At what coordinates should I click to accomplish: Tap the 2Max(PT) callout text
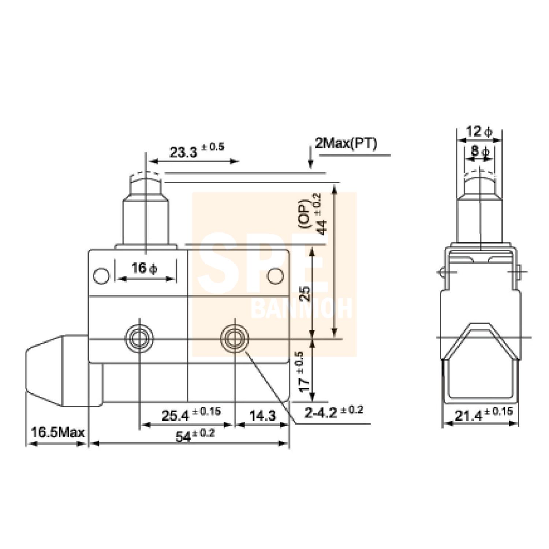tap(346, 143)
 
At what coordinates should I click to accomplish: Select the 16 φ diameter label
tap(144, 268)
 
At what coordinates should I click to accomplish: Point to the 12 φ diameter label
tap(479, 131)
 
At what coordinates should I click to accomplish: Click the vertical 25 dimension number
tap(305, 293)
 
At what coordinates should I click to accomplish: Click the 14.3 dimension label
tap(262, 415)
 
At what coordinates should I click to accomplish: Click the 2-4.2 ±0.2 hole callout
tap(333, 412)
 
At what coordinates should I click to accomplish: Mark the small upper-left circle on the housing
tap(101, 276)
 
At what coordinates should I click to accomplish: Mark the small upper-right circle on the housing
tap(275, 276)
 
